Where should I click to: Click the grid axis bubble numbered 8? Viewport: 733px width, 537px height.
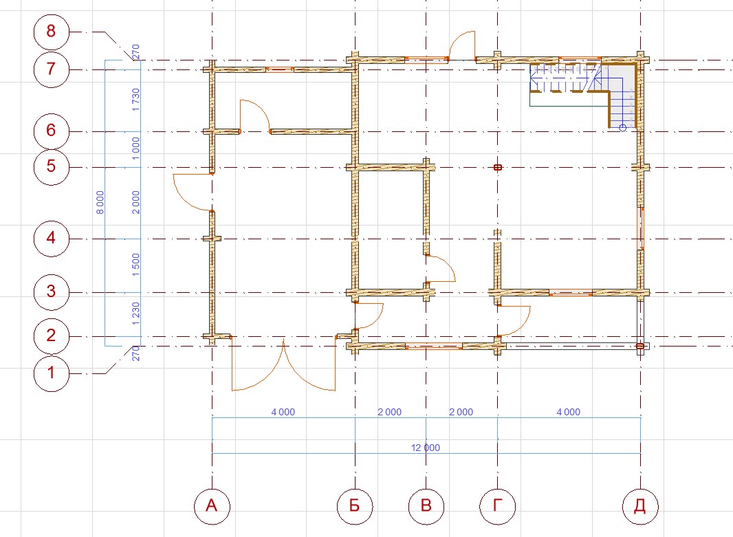click(x=52, y=32)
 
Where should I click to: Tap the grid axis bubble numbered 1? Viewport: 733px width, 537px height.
click(x=52, y=373)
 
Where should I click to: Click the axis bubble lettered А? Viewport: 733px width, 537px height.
click(x=212, y=505)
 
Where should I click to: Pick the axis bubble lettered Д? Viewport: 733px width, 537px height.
click(x=640, y=505)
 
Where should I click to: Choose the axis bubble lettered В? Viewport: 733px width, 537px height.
click(x=426, y=505)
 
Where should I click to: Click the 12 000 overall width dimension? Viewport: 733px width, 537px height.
click(x=426, y=448)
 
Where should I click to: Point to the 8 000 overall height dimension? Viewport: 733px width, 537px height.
click(x=100, y=202)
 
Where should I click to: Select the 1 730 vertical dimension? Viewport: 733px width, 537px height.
click(x=135, y=100)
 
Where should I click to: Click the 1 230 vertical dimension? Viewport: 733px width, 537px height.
click(x=135, y=314)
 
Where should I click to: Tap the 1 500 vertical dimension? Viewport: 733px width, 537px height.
click(x=135, y=265)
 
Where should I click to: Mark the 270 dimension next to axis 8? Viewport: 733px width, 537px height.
click(x=135, y=52)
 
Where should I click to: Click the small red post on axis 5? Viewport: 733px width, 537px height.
click(x=498, y=167)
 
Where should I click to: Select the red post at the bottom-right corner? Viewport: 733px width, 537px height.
click(x=640, y=347)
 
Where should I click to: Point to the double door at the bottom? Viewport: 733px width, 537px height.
click(x=284, y=364)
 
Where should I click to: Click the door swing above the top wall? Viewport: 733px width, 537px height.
click(x=462, y=45)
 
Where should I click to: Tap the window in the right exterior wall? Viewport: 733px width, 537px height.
click(x=642, y=228)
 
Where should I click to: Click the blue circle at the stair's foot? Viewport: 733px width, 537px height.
click(x=623, y=128)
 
